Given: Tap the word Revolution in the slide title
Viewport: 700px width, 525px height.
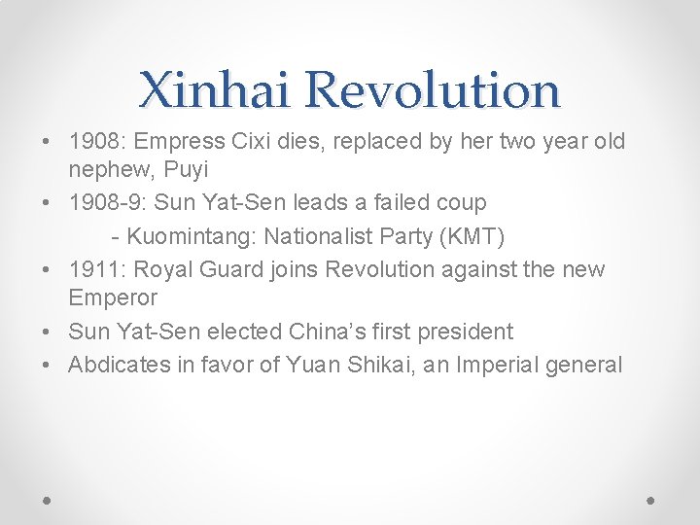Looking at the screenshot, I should [433, 90].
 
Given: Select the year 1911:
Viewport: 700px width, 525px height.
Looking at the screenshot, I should [93, 269].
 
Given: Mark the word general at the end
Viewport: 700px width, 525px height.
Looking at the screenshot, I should [586, 366].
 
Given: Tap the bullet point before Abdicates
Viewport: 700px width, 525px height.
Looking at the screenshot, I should [49, 366].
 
